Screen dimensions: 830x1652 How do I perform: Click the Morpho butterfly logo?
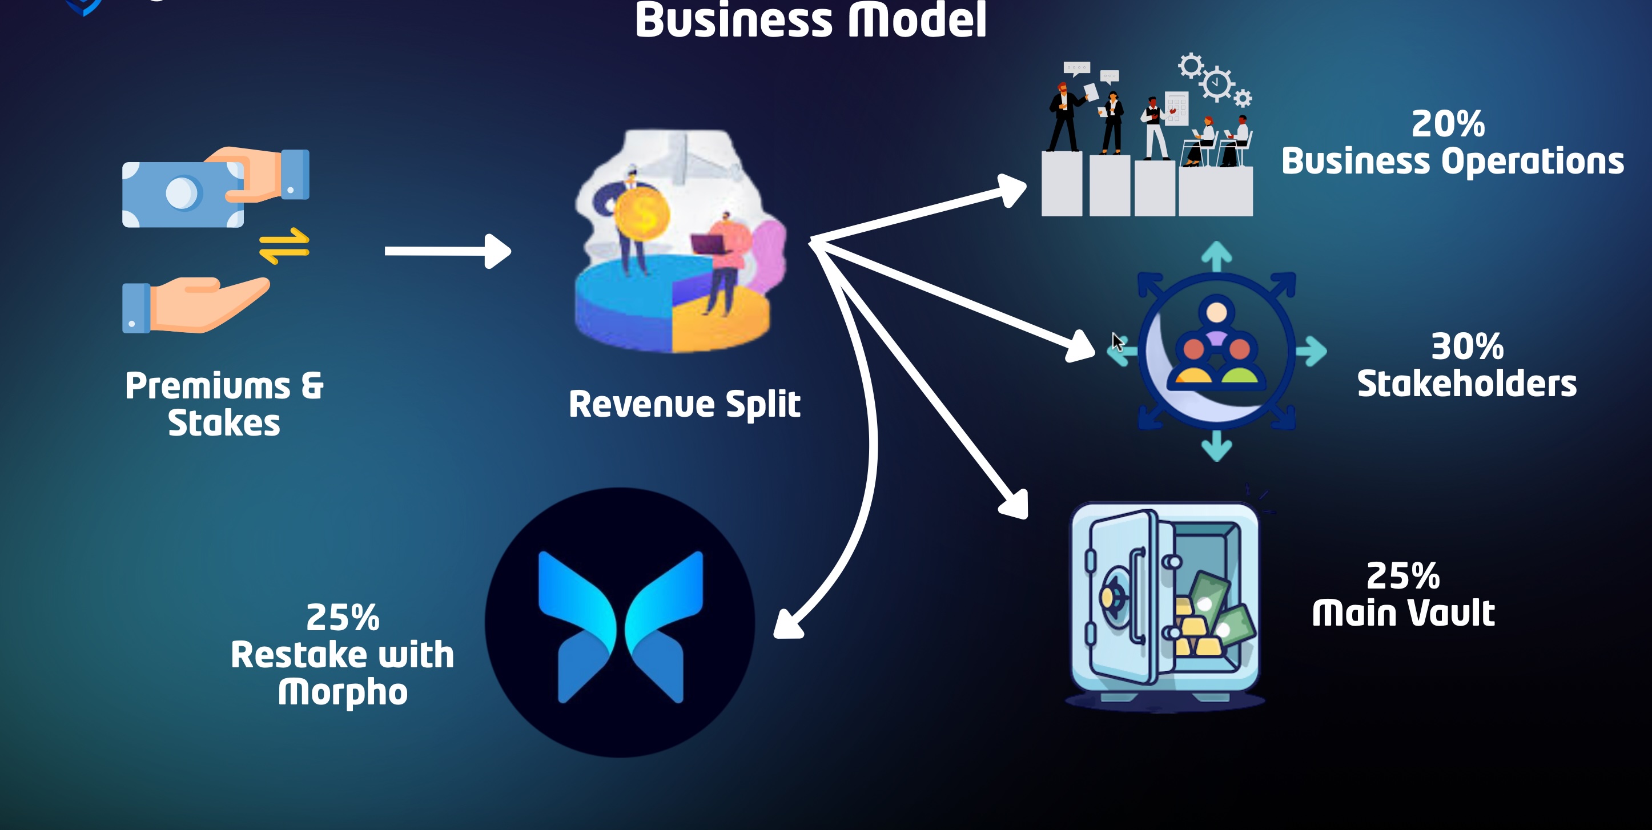(x=620, y=625)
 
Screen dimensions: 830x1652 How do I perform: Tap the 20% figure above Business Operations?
(x=1448, y=124)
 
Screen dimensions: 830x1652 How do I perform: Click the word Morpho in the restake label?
(x=343, y=693)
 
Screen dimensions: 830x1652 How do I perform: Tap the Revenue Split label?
(x=684, y=404)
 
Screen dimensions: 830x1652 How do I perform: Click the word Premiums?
(x=208, y=386)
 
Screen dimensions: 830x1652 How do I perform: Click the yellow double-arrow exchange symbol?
(x=284, y=246)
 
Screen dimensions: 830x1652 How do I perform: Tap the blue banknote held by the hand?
(x=183, y=194)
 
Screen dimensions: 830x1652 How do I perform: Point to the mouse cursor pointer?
(x=1117, y=341)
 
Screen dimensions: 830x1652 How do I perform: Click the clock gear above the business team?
(x=1216, y=84)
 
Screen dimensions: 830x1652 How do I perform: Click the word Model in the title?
(x=917, y=21)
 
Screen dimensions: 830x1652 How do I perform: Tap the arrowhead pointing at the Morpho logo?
(x=788, y=624)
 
